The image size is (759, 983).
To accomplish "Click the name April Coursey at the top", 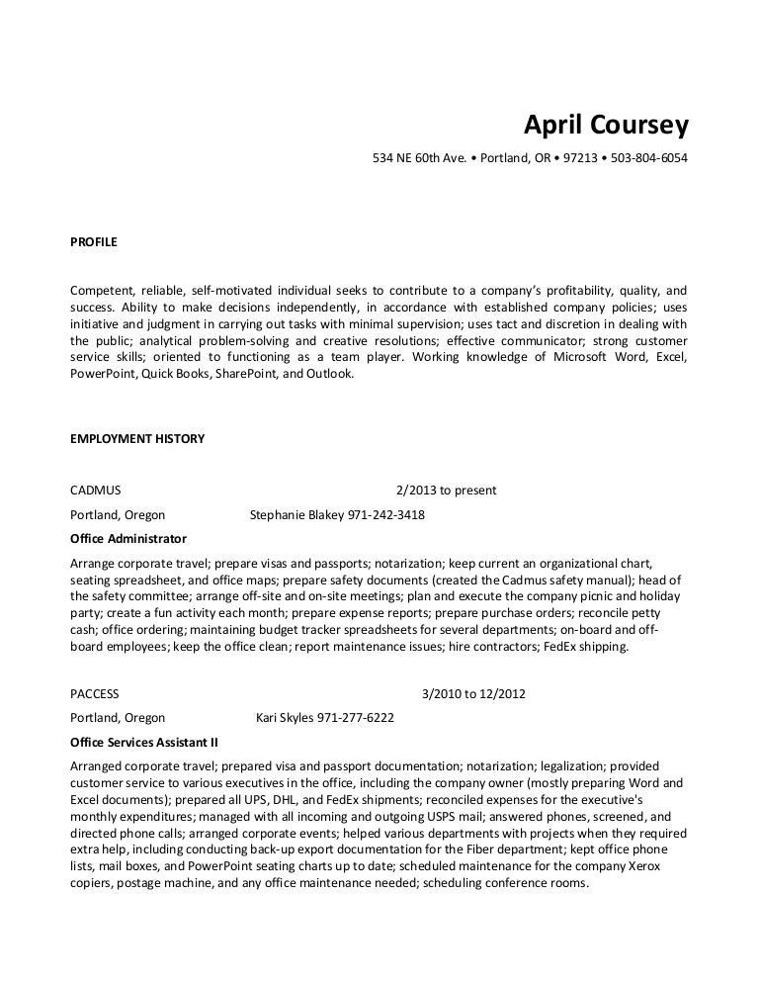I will pyautogui.click(x=605, y=128).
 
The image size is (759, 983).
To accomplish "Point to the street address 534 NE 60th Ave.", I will pyautogui.click(x=418, y=158).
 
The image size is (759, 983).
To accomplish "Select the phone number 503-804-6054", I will pyautogui.click(x=649, y=158).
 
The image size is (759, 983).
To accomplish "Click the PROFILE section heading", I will pyautogui.click(x=94, y=241).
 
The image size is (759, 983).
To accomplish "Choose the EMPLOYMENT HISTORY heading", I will pyautogui.click(x=137, y=439).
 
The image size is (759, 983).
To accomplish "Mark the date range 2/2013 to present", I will pyautogui.click(x=446, y=491).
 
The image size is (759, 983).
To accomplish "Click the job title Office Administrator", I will pyautogui.click(x=128, y=539).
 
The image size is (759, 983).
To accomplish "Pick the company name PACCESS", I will pyautogui.click(x=95, y=694).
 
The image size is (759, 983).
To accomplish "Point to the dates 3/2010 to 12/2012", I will pyautogui.click(x=473, y=694).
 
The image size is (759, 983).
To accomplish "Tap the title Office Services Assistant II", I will pyautogui.click(x=144, y=742).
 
